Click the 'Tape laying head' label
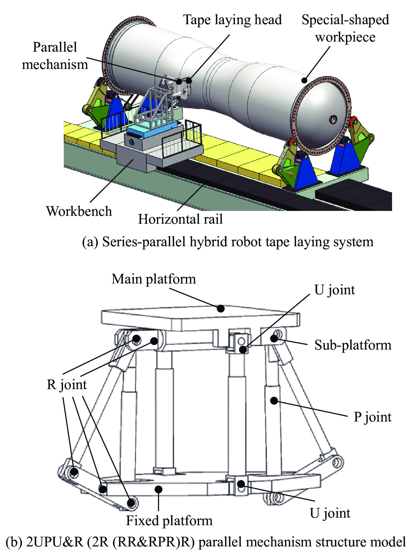tap(232, 20)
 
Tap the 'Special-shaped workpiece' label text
tap(345, 28)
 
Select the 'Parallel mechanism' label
tap(55, 56)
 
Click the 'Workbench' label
tap(79, 211)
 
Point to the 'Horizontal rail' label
tap(180, 219)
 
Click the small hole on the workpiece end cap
tap(333, 119)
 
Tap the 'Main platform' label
tap(154, 279)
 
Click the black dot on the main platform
tap(221, 308)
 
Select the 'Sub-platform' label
tap(352, 345)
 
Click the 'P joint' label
tap(372, 417)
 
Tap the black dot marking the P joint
tap(274, 400)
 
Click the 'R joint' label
tap(67, 385)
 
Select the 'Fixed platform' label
tap(169, 521)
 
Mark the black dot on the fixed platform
tap(159, 489)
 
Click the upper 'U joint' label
tap(334, 290)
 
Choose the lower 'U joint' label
tap(330, 513)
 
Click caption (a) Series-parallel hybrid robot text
tap(228, 242)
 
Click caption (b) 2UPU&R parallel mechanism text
tap(206, 542)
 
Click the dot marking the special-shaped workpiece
tap(304, 80)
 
